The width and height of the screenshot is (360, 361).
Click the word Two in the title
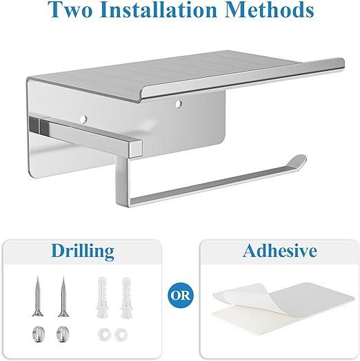click(70, 10)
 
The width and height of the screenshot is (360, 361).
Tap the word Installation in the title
click(158, 10)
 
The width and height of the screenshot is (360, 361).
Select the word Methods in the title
click(269, 10)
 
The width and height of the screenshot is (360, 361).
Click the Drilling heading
click(83, 251)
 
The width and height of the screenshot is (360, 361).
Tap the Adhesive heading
click(279, 251)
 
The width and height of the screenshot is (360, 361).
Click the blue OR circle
click(181, 296)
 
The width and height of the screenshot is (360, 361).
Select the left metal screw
click(38, 296)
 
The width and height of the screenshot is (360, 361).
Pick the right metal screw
click(63, 296)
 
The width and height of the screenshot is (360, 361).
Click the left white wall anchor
click(101, 298)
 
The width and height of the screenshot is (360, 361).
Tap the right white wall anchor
click(126, 298)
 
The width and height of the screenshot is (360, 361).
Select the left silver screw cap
click(38, 334)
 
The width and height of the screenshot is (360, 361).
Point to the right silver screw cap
click(63, 334)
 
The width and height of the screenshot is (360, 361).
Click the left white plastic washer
click(103, 335)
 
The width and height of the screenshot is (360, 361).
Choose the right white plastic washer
click(121, 335)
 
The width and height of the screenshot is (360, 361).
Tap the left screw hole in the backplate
click(84, 118)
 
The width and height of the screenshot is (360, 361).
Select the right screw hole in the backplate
click(178, 104)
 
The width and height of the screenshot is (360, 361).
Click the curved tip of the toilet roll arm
click(299, 161)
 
